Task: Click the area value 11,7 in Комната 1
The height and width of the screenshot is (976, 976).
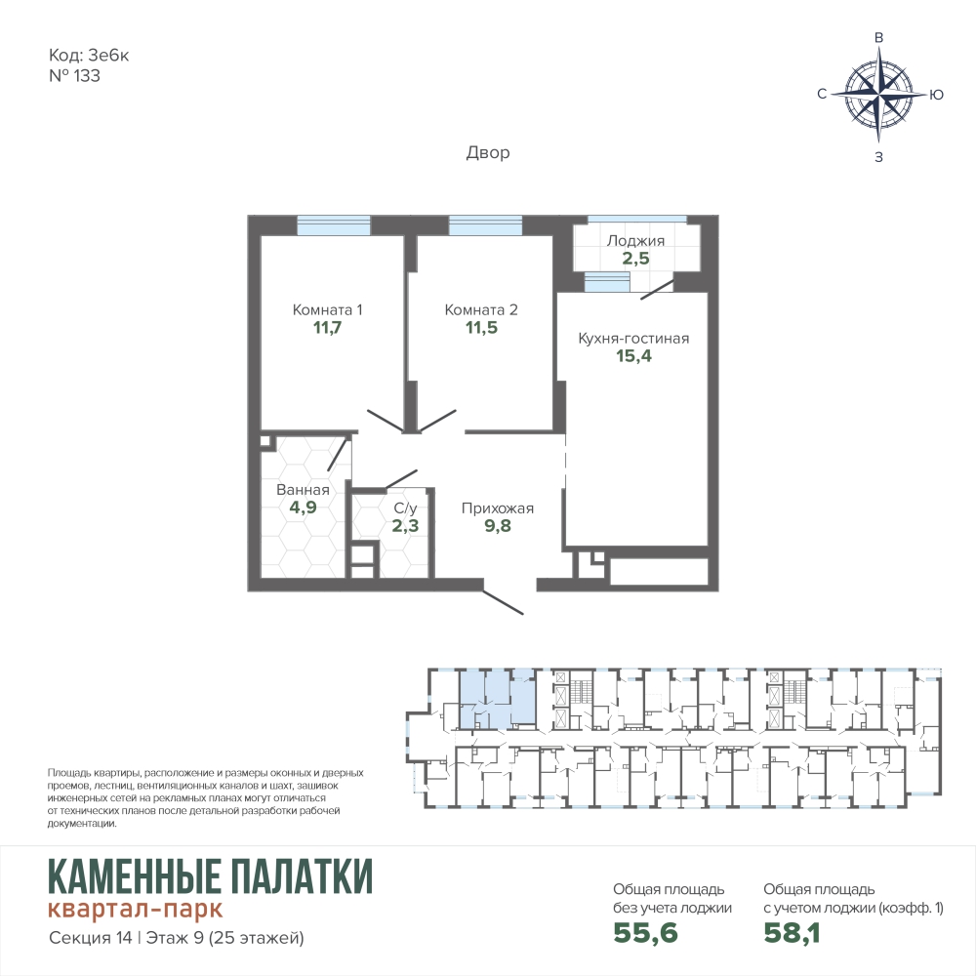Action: [x=327, y=327]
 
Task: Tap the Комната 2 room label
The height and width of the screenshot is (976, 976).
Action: [x=481, y=309]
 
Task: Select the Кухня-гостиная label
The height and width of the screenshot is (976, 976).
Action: [x=633, y=339]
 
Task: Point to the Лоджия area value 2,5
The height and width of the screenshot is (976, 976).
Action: [x=636, y=258]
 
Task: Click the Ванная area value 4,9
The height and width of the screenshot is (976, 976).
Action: [x=304, y=508]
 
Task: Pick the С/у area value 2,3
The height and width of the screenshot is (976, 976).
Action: [x=405, y=525]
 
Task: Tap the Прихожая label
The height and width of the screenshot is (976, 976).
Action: [x=498, y=508]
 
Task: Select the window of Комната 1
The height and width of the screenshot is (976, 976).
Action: [x=334, y=224]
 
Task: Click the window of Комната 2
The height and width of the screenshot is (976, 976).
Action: [x=485, y=224]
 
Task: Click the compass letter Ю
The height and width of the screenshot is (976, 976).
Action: [x=936, y=95]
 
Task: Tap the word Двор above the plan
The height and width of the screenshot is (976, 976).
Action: [x=488, y=152]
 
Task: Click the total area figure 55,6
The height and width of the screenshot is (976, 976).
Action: [x=645, y=932]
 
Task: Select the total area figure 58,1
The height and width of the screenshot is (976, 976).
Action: [x=792, y=932]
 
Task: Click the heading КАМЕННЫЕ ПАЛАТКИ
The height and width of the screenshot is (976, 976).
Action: [x=211, y=876]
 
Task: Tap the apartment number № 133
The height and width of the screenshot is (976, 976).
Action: [x=74, y=76]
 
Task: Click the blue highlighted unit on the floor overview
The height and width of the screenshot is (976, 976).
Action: [x=497, y=699]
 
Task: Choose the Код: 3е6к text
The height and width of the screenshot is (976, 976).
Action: [x=89, y=56]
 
